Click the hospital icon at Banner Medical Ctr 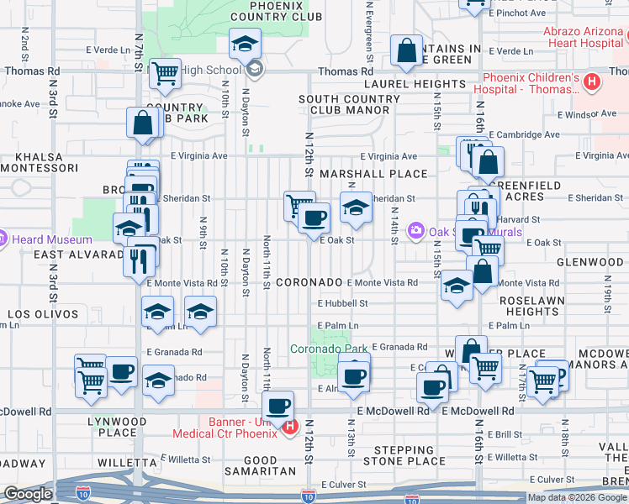(x=290, y=427)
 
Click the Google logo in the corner (x=28, y=494)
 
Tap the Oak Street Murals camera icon (x=415, y=231)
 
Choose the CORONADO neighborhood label (x=309, y=282)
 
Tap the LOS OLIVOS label (x=43, y=314)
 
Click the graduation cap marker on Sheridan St (x=357, y=207)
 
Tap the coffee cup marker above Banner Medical (x=277, y=406)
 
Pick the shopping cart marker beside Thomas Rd (x=165, y=74)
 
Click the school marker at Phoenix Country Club (x=245, y=44)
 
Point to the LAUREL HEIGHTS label (x=414, y=84)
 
